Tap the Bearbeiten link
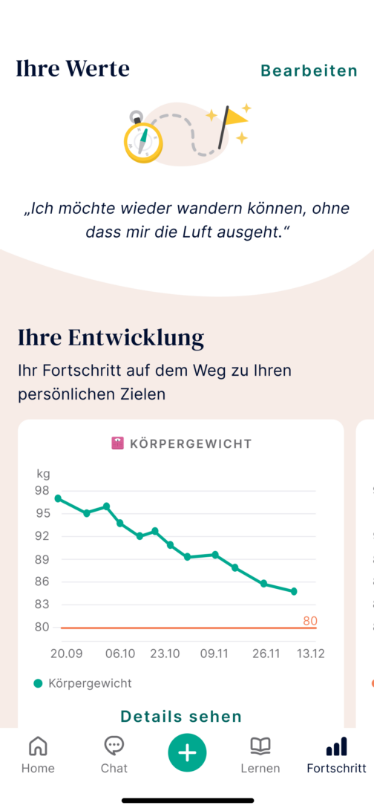(x=309, y=71)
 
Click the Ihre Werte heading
(x=73, y=69)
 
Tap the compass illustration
(x=142, y=139)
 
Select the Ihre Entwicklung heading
(x=111, y=338)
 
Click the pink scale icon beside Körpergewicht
(x=117, y=443)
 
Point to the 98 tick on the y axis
(x=42, y=491)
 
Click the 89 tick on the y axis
(x=42, y=559)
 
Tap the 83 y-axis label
(x=42, y=605)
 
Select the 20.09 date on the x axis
(x=66, y=654)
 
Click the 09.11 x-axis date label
(x=214, y=654)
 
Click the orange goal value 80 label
(x=309, y=621)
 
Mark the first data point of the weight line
(x=58, y=498)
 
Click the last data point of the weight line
(x=294, y=591)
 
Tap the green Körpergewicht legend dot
(x=39, y=683)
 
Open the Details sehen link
(x=181, y=717)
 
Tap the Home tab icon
(x=38, y=746)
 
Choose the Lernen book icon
(x=260, y=746)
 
